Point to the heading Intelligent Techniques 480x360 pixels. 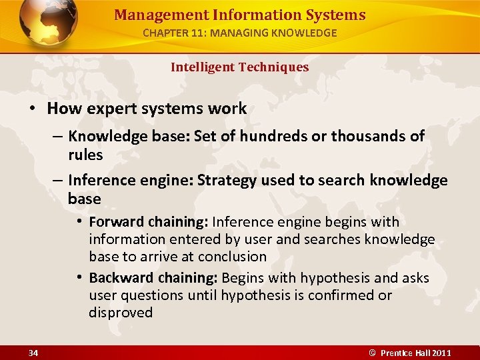pos(239,67)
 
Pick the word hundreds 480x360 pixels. pos(272,137)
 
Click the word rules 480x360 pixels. pos(85,155)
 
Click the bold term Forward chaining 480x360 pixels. pos(150,222)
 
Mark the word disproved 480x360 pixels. pos(121,313)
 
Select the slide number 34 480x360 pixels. pos(33,353)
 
